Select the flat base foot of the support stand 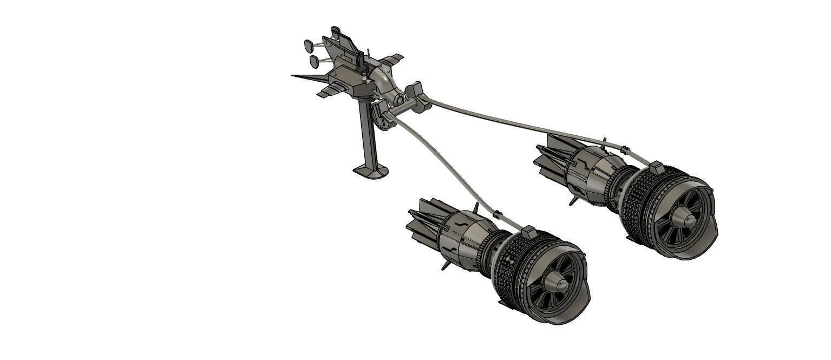[x=371, y=172]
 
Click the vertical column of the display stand [x=367, y=135]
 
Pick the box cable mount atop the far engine [x=656, y=167]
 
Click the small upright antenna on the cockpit [x=368, y=54]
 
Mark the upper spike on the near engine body [x=476, y=208]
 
